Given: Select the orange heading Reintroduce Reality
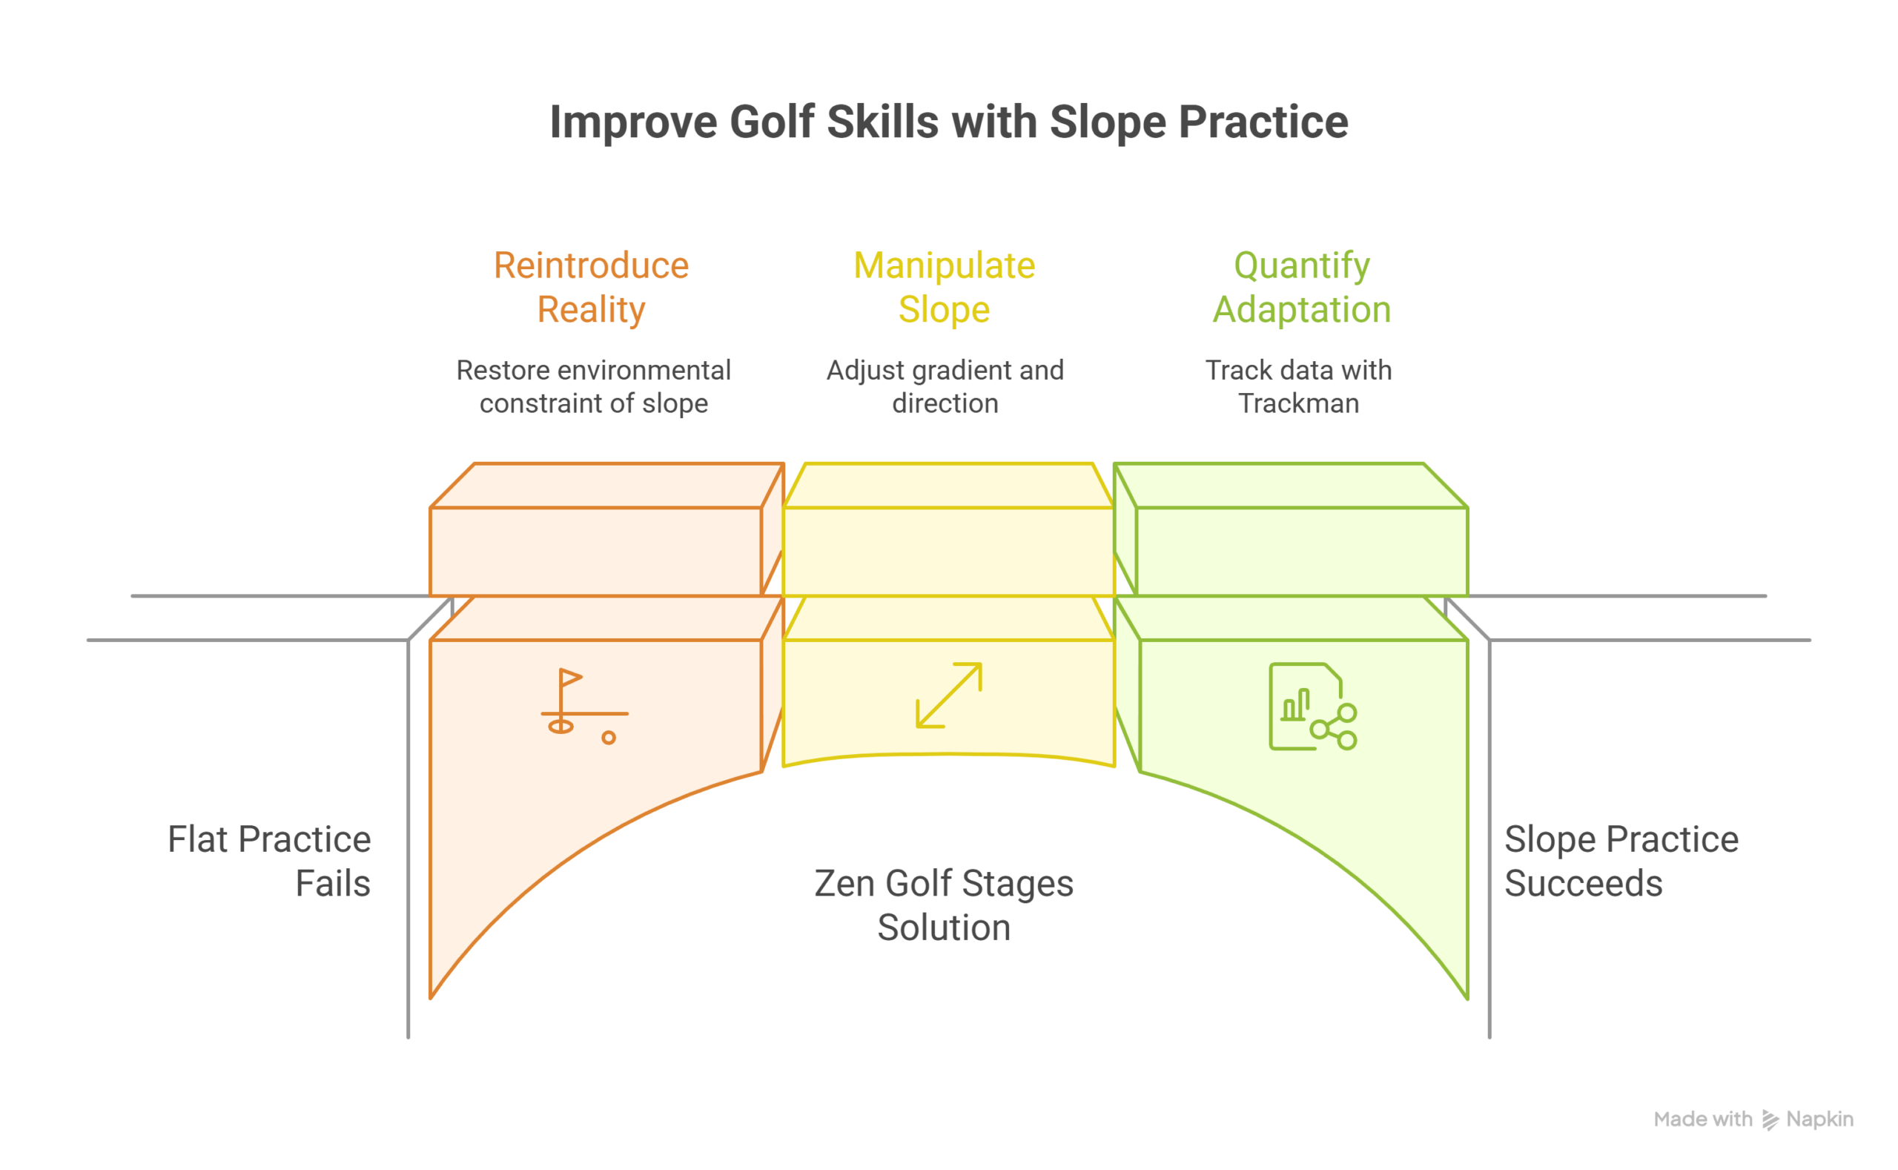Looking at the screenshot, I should [591, 287].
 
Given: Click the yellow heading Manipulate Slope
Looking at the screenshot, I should [944, 287].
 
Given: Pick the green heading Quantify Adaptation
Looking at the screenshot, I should [1301, 287].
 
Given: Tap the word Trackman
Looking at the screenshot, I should [1298, 403].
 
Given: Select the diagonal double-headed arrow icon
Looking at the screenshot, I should [948, 695].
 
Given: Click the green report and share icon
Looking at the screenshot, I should [1312, 706].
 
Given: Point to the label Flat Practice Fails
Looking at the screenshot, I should [269, 861].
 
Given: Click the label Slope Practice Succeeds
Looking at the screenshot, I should [1621, 861].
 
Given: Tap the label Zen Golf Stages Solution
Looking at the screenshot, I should [943, 905].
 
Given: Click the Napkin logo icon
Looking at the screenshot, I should [1770, 1120].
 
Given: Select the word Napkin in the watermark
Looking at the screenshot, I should [1819, 1119].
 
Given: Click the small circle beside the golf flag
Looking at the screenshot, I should [609, 738].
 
